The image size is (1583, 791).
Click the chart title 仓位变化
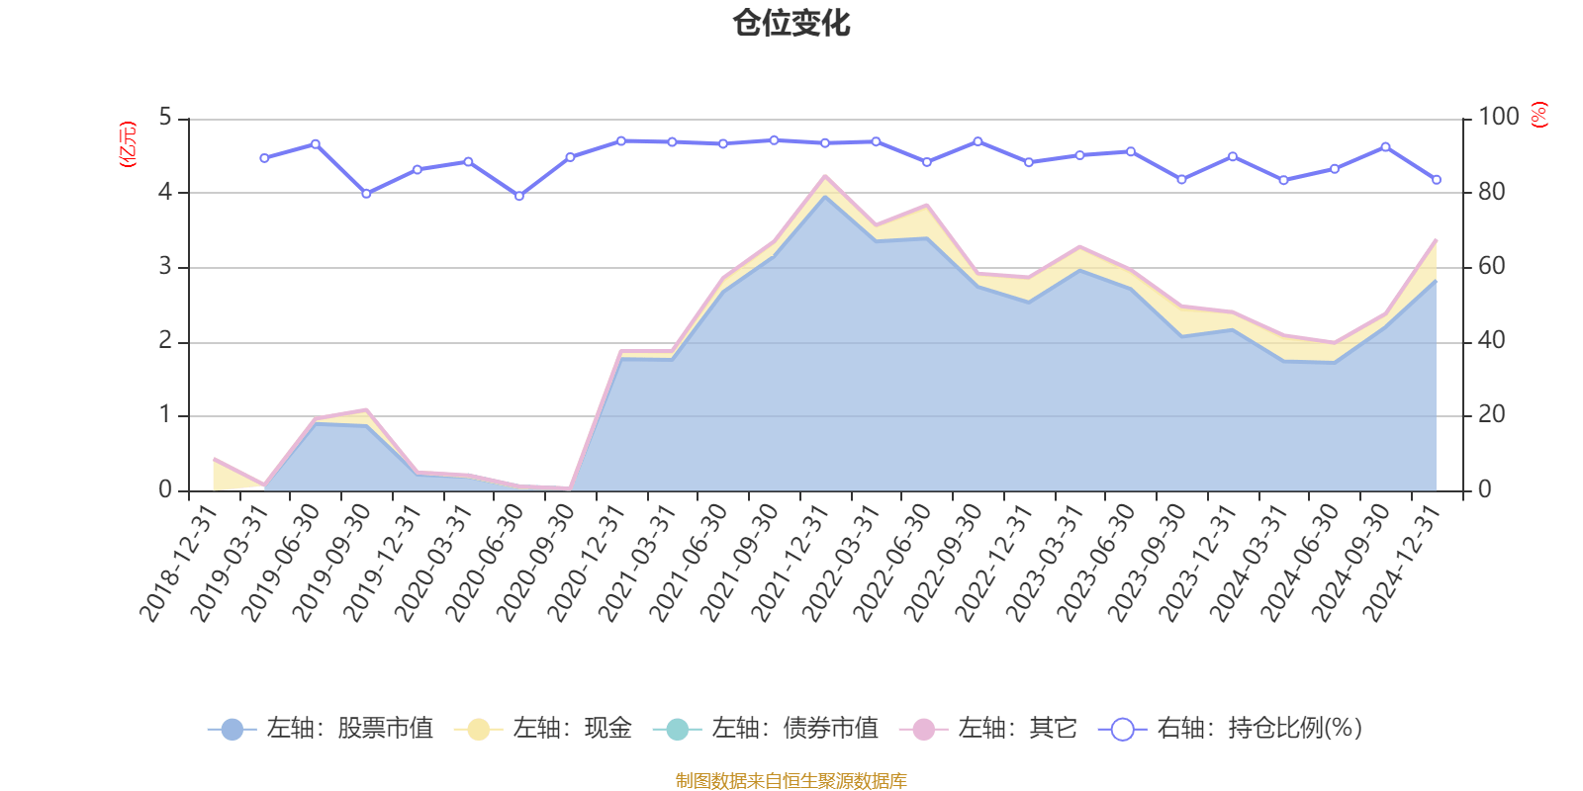(791, 23)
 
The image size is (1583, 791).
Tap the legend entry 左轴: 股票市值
(322, 730)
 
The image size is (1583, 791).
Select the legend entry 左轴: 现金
(543, 730)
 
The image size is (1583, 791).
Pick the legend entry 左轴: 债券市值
(766, 730)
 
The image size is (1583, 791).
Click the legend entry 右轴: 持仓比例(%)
(1231, 730)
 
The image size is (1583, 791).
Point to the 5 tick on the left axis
(165, 119)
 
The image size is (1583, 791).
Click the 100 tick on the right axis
(1499, 117)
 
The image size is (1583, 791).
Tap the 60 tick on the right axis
(1492, 266)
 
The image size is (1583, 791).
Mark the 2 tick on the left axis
(165, 341)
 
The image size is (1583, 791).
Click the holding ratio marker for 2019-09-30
(366, 194)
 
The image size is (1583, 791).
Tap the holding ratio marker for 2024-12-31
(1437, 180)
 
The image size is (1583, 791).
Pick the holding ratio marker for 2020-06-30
(518, 196)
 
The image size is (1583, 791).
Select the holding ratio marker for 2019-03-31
(264, 158)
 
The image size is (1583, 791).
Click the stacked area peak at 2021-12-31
(824, 178)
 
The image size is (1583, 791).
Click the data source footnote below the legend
(791, 781)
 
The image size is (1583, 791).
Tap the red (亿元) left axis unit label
(127, 144)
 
